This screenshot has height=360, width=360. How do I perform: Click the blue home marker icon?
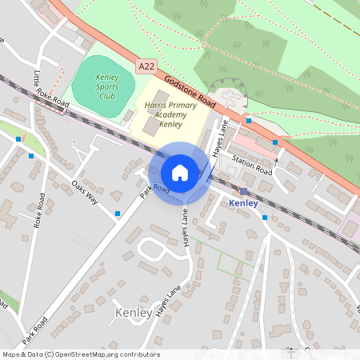click(x=180, y=173)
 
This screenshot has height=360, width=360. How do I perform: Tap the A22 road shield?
click(x=145, y=67)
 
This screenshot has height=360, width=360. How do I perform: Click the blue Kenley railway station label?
click(x=243, y=203)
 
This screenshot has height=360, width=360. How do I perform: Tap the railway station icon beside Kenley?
click(x=243, y=191)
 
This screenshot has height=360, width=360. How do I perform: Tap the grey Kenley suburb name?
click(x=133, y=312)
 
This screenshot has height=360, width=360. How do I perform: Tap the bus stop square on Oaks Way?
click(x=118, y=214)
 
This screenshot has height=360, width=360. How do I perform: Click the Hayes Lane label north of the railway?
click(x=219, y=138)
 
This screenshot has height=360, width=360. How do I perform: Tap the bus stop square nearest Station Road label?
click(x=275, y=142)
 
